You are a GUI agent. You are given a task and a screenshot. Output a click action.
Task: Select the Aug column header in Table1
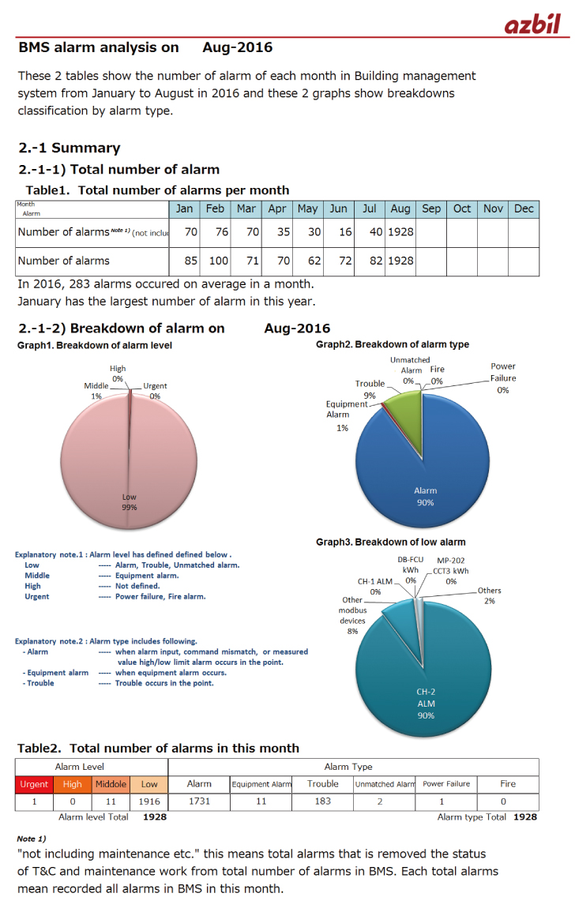pos(400,208)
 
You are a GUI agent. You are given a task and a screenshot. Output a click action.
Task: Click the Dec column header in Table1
pos(524,208)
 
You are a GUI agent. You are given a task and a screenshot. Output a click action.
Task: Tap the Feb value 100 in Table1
pos(215,261)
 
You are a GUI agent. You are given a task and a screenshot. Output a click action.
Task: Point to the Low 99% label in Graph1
pos(129,502)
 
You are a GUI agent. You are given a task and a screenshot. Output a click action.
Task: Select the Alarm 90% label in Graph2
pos(425,496)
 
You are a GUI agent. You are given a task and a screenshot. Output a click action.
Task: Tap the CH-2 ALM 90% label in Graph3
pos(426,704)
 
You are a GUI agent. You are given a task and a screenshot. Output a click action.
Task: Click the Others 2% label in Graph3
pos(489,595)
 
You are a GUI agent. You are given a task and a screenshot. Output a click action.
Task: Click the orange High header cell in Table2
pos(72,784)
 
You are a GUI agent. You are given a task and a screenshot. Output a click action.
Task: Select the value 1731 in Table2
pos(199,801)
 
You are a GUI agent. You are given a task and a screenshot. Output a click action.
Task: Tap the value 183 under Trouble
pos(322,801)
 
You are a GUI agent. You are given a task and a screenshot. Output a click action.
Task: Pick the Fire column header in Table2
pos(508,784)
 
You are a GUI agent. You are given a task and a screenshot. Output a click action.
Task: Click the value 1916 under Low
pos(149,801)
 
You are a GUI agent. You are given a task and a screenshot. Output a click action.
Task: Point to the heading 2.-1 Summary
pos(70,148)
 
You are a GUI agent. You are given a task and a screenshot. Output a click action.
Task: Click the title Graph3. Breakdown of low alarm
pos(390,542)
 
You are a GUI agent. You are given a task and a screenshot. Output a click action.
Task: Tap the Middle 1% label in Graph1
pos(96,390)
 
